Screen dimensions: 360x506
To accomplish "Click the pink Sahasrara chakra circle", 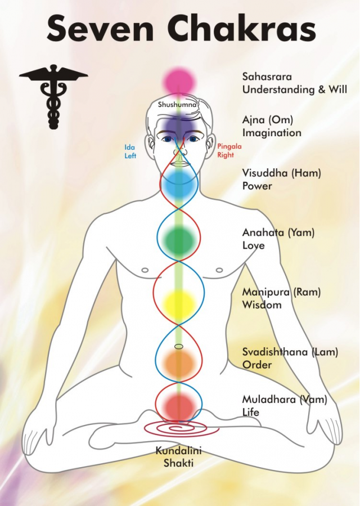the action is pos(179,82).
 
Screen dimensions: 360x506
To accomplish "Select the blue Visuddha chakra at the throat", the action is pos(179,186).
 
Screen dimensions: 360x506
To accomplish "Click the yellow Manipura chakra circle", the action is pos(179,303).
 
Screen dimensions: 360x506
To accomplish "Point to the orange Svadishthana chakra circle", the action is pos(179,364).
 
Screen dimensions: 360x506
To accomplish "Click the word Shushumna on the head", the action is pos(177,105).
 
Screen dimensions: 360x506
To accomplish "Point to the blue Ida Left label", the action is pos(130,151).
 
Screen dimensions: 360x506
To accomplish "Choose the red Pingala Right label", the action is pos(229,150).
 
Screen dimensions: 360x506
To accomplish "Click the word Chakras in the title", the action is pos(242,28).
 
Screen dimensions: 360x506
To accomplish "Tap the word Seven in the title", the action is pos(100,29).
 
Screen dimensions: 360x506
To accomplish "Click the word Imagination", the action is pos(272,133).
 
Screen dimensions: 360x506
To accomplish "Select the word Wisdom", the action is pos(262,305).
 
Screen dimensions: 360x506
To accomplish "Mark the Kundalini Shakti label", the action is pos(179,456).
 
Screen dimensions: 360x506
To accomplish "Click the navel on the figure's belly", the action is pos(179,347).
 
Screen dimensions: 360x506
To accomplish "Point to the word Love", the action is pos(254,245).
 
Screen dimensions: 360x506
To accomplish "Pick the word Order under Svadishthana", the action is pos(257,365).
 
